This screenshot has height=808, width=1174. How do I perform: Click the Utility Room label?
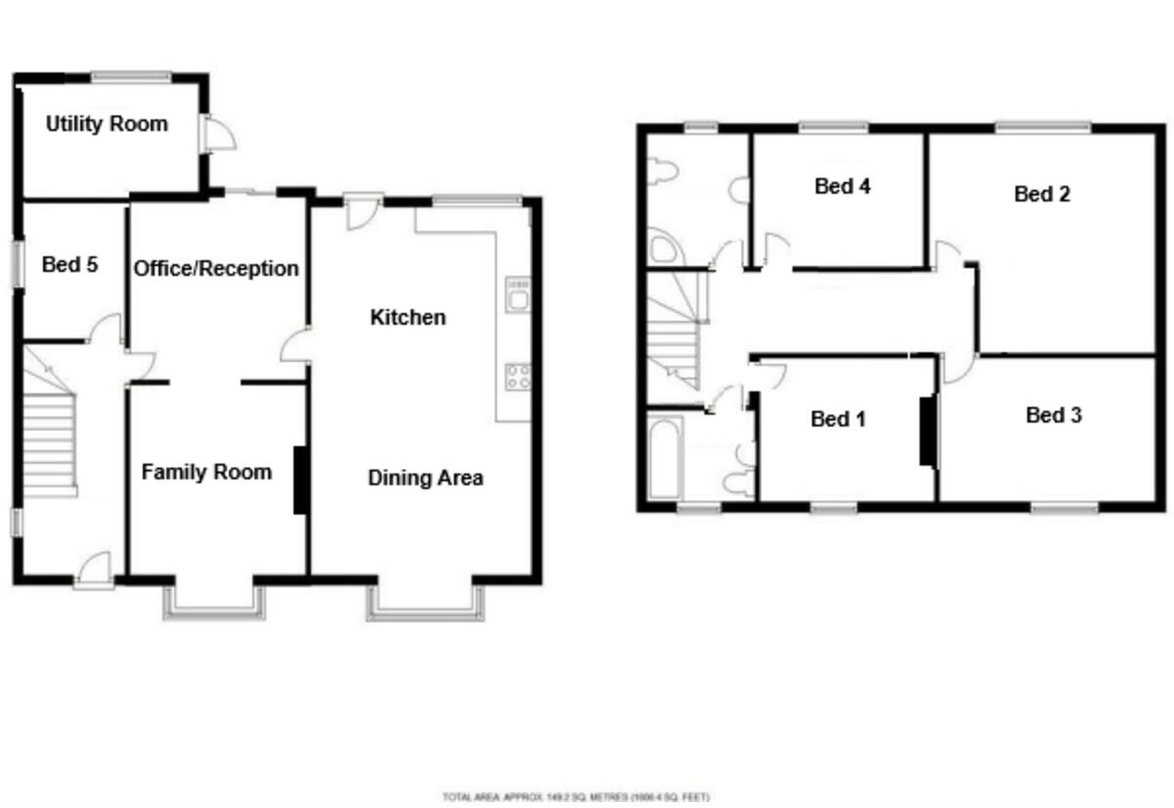(x=107, y=124)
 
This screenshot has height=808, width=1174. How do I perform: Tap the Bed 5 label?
(x=69, y=264)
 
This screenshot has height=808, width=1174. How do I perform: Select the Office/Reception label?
(x=216, y=268)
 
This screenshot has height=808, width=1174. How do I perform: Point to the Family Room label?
(x=206, y=472)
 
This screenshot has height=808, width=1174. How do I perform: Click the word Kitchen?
(x=408, y=317)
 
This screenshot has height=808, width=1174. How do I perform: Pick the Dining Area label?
(x=426, y=478)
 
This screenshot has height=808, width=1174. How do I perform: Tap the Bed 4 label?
(x=842, y=186)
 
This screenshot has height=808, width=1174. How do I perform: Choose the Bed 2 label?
(x=1042, y=194)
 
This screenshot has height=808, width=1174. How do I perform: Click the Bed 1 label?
(x=838, y=419)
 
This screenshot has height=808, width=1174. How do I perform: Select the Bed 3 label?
(x=1054, y=415)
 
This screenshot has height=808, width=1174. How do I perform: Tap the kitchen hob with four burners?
(x=518, y=377)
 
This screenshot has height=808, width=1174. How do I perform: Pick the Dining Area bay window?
(x=426, y=606)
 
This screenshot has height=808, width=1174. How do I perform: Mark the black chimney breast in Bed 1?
(x=926, y=430)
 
